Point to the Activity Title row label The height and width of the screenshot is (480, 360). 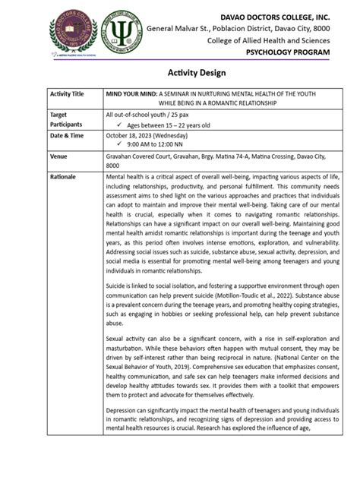pyautogui.click(x=67, y=93)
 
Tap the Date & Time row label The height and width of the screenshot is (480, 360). pyautogui.click(x=66, y=135)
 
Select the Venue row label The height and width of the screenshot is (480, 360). pyautogui.click(x=59, y=156)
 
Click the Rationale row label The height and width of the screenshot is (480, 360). pyautogui.click(x=63, y=176)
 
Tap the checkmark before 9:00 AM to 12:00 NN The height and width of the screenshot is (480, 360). pyautogui.click(x=121, y=144)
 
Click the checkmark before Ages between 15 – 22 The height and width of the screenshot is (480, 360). pyautogui.click(x=121, y=125)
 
